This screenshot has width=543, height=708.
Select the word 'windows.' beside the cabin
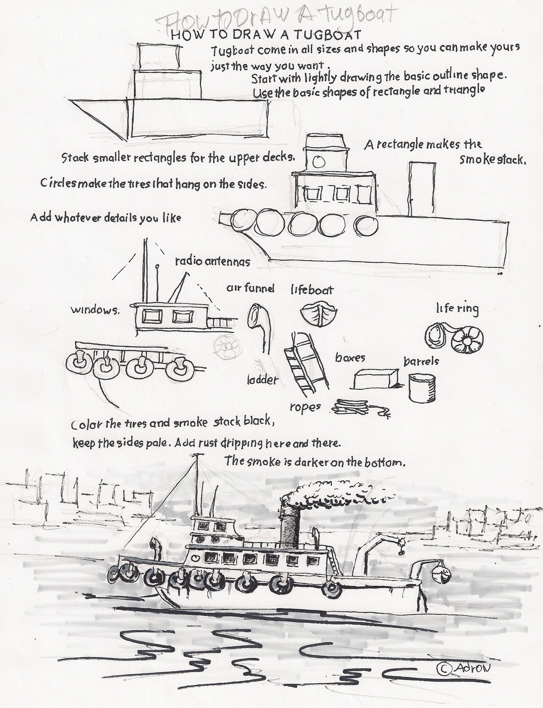[x=95, y=310]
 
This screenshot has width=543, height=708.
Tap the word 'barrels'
[x=421, y=361]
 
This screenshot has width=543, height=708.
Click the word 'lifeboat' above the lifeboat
[x=312, y=290]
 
